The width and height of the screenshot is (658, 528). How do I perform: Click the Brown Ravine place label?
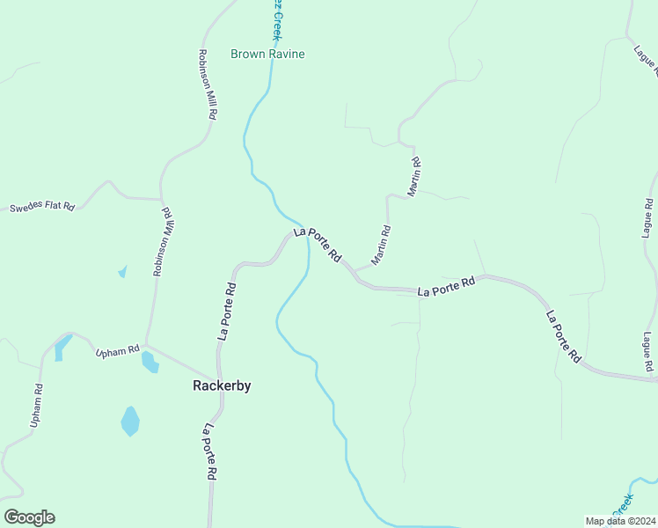coord(267,54)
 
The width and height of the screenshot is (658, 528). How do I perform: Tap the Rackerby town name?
coord(222,385)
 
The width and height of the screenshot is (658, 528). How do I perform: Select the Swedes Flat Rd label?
coord(42,208)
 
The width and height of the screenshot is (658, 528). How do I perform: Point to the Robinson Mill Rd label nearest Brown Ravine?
coord(208,84)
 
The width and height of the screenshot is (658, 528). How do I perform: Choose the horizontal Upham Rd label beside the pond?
coord(118,351)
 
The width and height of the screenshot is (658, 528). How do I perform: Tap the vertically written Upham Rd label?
coord(36,406)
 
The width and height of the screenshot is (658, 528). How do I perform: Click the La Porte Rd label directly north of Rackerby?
coord(227,311)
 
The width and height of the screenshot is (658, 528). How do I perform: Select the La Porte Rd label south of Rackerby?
coord(210,451)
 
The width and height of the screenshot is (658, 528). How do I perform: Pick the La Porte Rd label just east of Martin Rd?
coord(446,286)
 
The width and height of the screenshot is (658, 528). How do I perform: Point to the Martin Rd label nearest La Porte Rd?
coord(381,246)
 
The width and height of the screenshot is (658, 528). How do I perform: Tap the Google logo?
coord(29,517)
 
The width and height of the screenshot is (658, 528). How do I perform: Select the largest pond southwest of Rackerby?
coord(130,421)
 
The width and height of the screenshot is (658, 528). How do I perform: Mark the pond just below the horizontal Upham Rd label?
coord(150,362)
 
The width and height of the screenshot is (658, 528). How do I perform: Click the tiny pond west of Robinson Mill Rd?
coord(122,272)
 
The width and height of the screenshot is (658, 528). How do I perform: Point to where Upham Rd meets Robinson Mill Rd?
coord(146,346)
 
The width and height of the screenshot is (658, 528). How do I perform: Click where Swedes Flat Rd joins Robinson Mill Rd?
coord(160,199)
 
